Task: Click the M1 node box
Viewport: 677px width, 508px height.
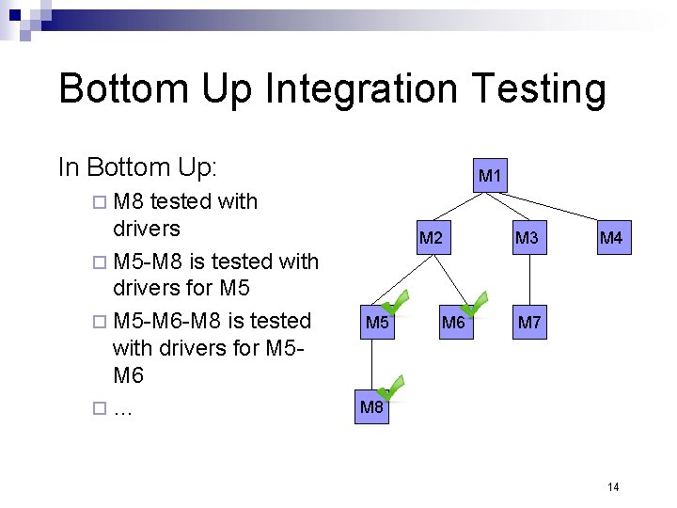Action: pos(490,175)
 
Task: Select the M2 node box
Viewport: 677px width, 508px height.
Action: pos(431,238)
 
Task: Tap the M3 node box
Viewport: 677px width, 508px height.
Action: pos(527,238)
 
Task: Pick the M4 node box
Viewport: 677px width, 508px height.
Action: pos(611,238)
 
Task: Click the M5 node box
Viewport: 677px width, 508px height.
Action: pos(377,323)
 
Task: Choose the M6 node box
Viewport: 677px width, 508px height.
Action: pos(453,323)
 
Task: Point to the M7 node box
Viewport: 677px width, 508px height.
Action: pos(529,323)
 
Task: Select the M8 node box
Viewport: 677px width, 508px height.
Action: pos(371,407)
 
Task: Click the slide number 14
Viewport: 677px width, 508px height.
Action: pos(613,486)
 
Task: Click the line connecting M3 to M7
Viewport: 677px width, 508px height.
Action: pos(528,280)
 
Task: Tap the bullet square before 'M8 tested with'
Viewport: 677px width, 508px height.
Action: pos(101,201)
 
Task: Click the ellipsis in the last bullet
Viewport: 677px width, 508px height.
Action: pos(121,410)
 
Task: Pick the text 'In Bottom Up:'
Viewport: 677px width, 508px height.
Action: pos(137,167)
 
